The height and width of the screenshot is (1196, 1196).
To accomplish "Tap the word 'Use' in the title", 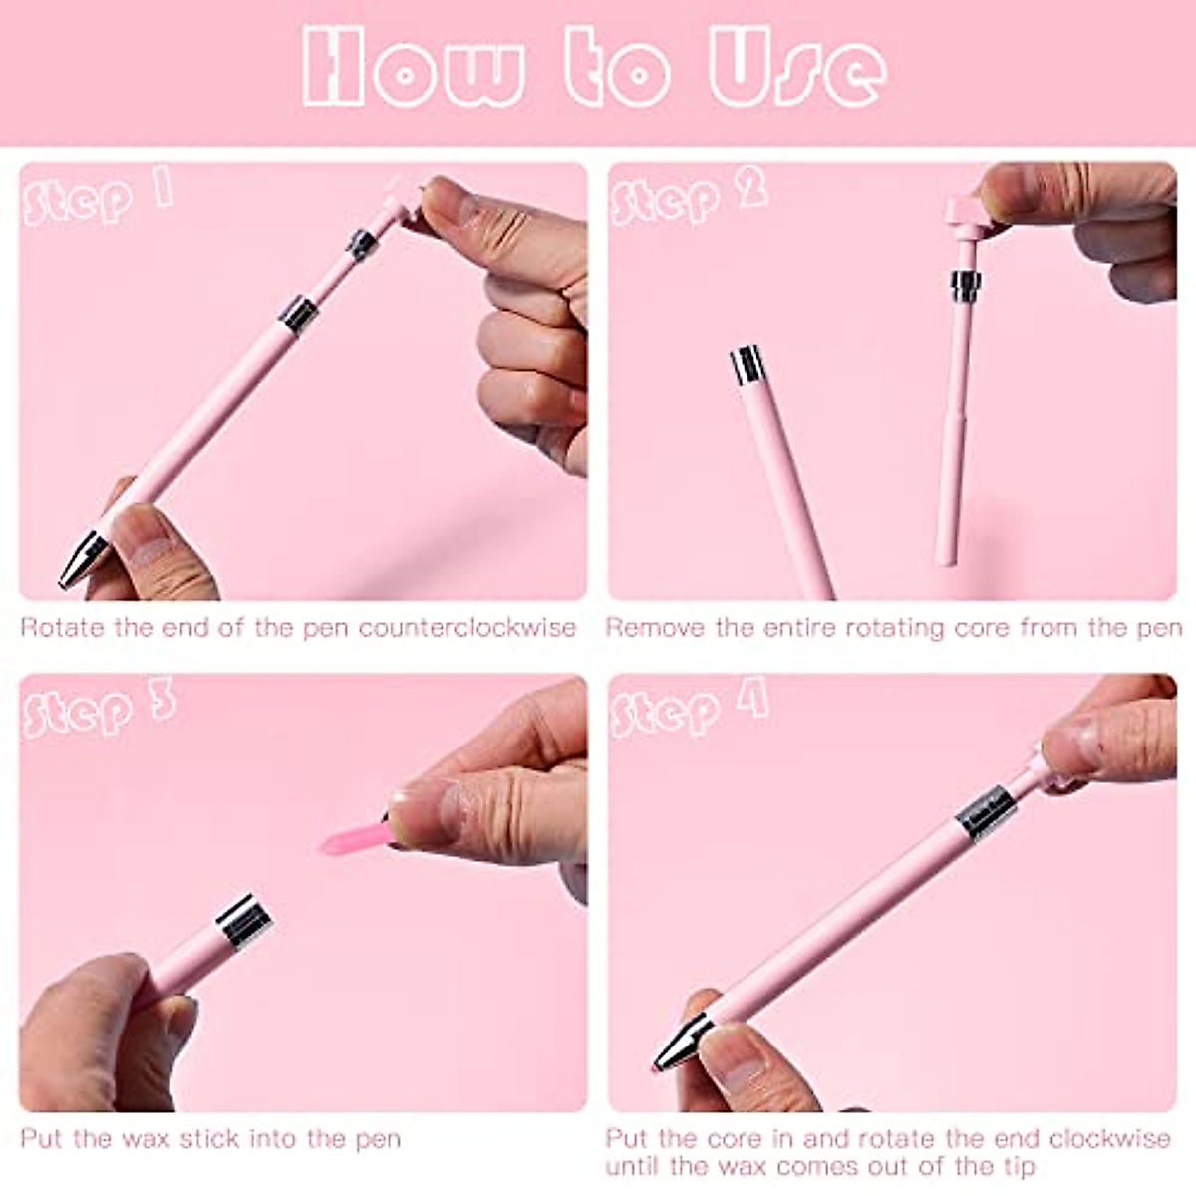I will pyautogui.click(x=797, y=70).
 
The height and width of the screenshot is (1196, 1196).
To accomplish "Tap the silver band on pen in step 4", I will pyautogui.click(x=985, y=807).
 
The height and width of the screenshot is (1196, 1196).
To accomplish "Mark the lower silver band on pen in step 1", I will pyautogui.click(x=297, y=313).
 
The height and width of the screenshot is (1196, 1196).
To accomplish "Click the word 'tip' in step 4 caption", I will pyautogui.click(x=1014, y=1166).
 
